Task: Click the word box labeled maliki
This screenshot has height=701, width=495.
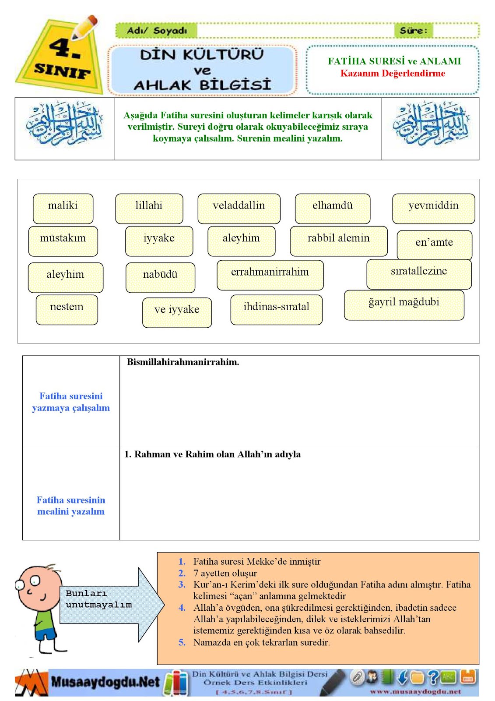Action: [x=63, y=208]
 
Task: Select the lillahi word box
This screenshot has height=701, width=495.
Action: [x=149, y=208]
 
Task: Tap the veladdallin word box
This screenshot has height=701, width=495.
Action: [x=239, y=208]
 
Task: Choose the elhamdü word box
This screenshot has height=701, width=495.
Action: [x=333, y=208]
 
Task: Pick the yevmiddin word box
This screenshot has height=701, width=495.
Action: [x=433, y=208]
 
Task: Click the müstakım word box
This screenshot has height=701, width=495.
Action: [x=63, y=241]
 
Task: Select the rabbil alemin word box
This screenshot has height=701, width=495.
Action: [x=338, y=241]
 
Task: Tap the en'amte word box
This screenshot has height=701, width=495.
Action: [x=434, y=244]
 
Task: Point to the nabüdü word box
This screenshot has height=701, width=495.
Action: [x=160, y=277]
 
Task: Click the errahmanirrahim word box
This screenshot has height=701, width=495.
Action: [x=270, y=275]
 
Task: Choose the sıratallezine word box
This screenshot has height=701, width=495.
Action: [x=419, y=274]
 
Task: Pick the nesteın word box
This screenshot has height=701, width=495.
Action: [x=67, y=309]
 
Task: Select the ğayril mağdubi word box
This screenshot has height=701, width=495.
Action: [x=404, y=304]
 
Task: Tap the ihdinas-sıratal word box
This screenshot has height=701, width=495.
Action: [x=276, y=309]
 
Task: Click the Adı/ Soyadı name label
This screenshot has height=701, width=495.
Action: [x=157, y=31]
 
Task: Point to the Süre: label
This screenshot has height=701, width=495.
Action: [x=413, y=31]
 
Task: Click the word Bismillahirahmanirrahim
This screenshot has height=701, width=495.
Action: [x=183, y=362]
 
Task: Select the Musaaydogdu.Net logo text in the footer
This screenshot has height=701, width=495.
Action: [x=105, y=682]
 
